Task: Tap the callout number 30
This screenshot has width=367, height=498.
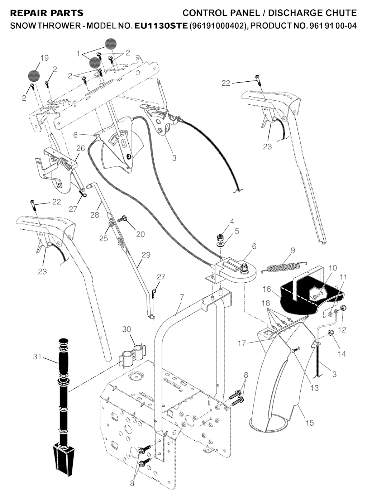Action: click(x=127, y=329)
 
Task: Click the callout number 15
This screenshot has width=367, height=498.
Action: click(x=309, y=422)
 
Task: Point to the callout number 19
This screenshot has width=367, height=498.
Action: click(x=44, y=58)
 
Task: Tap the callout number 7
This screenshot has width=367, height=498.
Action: click(x=182, y=297)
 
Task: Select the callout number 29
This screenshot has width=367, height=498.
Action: click(x=146, y=255)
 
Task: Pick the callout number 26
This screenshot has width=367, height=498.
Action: click(x=81, y=148)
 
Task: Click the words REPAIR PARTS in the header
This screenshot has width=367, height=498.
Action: click(x=47, y=13)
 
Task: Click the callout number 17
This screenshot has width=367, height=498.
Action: click(x=242, y=343)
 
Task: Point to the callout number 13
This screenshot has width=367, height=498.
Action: click(x=314, y=388)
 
